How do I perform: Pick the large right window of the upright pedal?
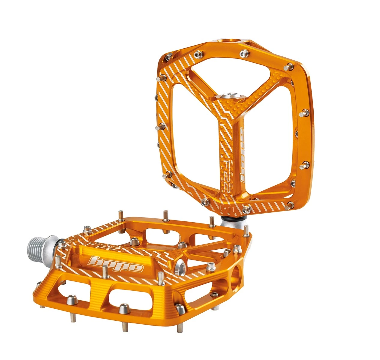(270, 144)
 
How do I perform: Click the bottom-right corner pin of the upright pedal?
(290, 205)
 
